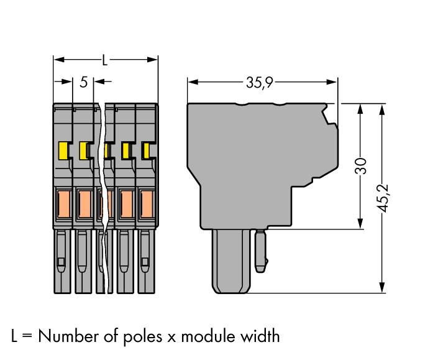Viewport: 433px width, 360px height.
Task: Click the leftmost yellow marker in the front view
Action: [63, 150]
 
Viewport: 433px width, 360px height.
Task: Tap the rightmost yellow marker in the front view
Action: [146, 150]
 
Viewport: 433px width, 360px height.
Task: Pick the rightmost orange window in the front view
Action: [147, 203]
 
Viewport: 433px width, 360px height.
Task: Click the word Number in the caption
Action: [68, 336]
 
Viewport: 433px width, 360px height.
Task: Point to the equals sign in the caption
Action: [26, 337]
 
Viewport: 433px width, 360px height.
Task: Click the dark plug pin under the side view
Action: [231, 261]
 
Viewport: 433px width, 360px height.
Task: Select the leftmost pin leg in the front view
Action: [62, 261]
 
